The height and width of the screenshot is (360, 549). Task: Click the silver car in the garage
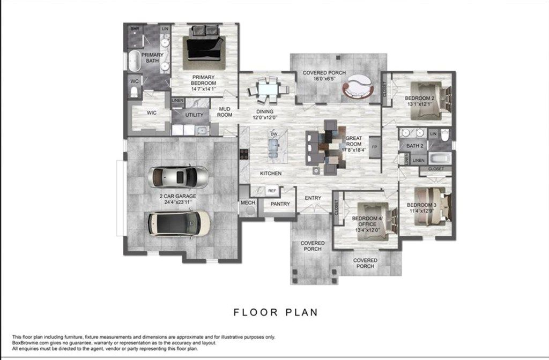[x=179, y=175]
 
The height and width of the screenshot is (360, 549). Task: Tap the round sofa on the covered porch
[x=357, y=86]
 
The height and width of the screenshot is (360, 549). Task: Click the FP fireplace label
[x=374, y=146]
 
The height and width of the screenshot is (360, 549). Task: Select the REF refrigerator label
[x=272, y=190]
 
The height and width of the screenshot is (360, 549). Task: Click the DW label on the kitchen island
[x=273, y=134]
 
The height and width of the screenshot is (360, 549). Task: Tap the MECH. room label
[x=248, y=203]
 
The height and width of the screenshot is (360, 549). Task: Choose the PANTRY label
[x=280, y=204]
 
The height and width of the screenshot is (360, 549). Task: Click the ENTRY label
[x=313, y=198]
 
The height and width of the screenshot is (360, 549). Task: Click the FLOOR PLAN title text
[x=275, y=311]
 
